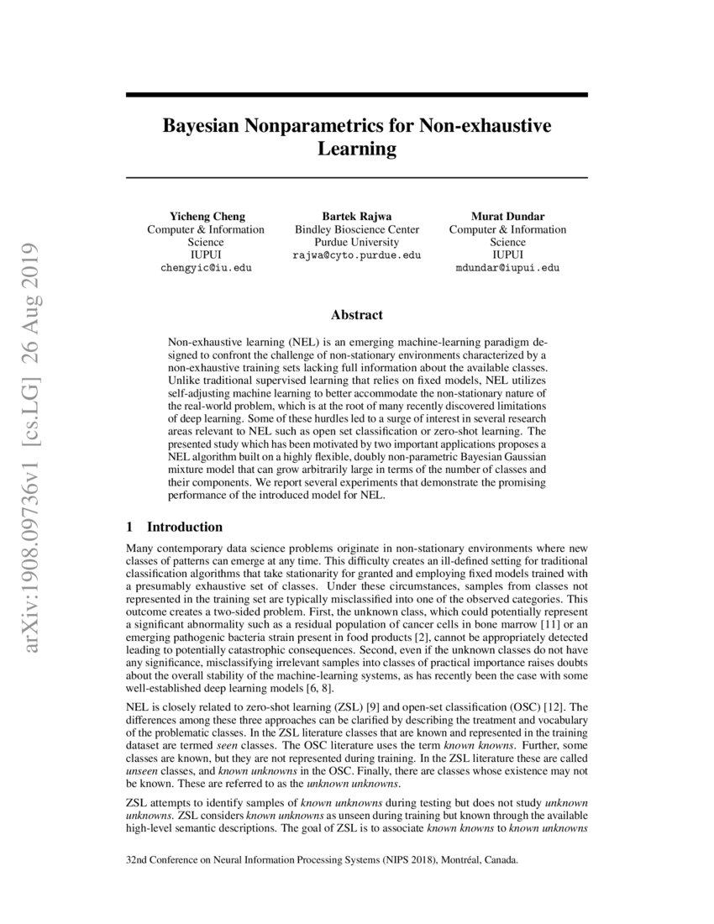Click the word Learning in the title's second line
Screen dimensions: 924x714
[356, 150]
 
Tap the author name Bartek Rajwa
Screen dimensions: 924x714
[356, 216]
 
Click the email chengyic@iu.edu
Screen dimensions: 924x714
[206, 268]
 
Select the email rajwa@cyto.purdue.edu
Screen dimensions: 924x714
[356, 255]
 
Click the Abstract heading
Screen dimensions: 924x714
[356, 315]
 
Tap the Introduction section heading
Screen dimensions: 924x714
[185, 528]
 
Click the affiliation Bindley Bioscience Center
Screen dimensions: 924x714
[356, 229]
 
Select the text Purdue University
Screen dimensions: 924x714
[356, 242]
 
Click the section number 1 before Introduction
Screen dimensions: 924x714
[129, 528]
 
